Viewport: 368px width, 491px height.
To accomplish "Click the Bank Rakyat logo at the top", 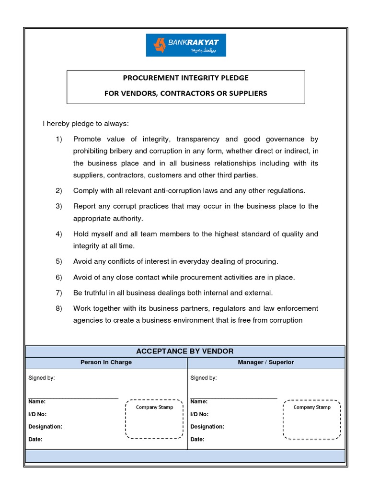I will [186, 46].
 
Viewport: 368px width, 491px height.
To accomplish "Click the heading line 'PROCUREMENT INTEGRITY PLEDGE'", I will [186, 78].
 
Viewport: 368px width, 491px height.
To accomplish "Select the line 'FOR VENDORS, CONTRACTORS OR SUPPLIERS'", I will [186, 93].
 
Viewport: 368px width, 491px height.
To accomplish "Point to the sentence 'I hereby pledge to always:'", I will [86, 124].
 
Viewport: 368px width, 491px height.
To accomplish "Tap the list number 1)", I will [59, 139].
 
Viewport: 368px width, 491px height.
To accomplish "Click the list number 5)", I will [59, 261].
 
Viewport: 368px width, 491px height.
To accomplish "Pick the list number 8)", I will [59, 308].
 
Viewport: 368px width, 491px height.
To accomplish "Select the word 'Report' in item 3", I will [84, 206].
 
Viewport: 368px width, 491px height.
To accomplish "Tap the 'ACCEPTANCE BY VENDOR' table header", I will [185, 351].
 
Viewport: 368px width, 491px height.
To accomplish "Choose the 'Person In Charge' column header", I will [106, 362].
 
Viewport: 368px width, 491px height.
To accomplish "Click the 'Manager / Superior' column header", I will [266, 362].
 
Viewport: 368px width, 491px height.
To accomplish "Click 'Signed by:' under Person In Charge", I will [42, 378].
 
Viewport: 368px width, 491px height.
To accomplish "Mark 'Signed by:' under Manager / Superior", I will [204, 378].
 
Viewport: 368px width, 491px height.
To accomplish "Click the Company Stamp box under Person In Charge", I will [154, 419].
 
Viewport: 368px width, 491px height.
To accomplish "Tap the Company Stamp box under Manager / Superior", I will [312, 419].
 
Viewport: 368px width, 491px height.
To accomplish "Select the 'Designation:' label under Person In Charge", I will [46, 427].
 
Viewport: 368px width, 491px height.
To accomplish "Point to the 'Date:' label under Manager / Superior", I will [197, 439].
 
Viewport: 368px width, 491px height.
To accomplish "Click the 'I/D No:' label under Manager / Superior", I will [199, 414].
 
